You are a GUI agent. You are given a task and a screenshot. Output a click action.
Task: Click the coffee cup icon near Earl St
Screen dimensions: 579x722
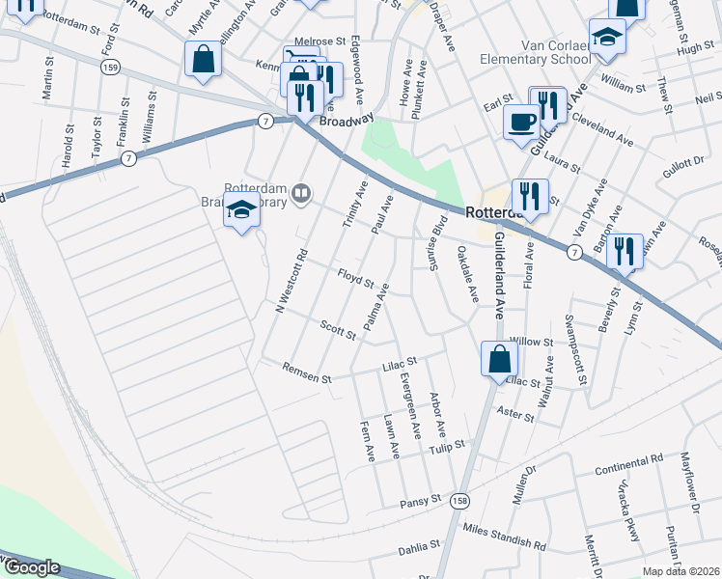tap(522, 123)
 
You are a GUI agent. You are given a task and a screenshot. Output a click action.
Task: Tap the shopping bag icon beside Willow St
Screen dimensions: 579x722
tap(499, 359)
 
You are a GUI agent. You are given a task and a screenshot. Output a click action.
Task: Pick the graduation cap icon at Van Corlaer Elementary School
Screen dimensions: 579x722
tap(608, 36)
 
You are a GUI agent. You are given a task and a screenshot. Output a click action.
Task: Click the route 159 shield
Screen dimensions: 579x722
tap(110, 68)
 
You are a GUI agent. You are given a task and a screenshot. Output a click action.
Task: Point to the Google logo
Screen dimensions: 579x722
tap(31, 568)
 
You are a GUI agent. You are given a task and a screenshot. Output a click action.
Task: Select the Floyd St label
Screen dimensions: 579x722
tap(355, 278)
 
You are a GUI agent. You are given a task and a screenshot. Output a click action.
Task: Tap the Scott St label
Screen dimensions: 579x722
tap(339, 328)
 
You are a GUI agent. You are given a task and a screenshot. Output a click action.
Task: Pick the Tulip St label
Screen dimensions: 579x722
tap(447, 445)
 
